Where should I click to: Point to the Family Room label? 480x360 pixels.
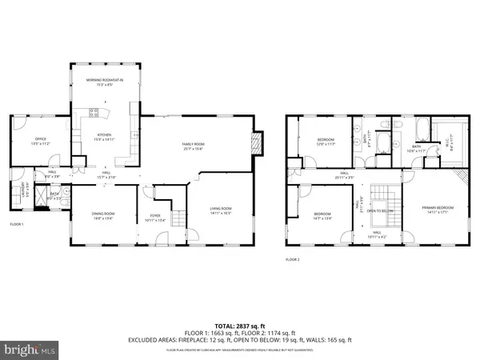click(x=193, y=146)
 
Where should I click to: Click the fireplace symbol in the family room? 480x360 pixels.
click(x=257, y=144)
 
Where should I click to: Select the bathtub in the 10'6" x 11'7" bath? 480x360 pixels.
click(x=416, y=129)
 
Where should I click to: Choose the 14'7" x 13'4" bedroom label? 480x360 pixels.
click(x=322, y=215)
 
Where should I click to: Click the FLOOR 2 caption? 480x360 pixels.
click(x=293, y=260)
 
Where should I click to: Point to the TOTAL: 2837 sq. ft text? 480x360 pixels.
click(x=239, y=320)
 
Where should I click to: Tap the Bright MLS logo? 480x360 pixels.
click(x=31, y=350)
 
